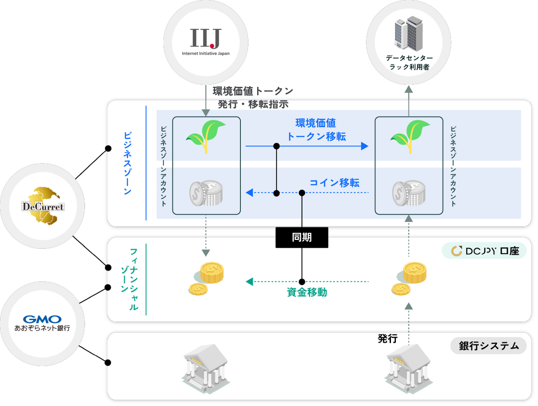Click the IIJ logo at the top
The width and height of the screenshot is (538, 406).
click(206, 42)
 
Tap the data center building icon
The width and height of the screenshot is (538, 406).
click(408, 33)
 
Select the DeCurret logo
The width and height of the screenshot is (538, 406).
click(43, 206)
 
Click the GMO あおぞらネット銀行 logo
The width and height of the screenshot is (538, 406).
click(42, 323)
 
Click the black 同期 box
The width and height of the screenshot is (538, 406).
click(302, 237)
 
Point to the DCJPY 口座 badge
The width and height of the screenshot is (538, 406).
click(484, 251)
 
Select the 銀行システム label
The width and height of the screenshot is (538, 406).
click(489, 346)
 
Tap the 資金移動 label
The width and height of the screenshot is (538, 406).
click(307, 292)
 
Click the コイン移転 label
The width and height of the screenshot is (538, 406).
click(334, 183)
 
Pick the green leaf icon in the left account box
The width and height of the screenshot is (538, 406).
click(206, 137)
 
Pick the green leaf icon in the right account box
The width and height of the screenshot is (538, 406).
click(410, 137)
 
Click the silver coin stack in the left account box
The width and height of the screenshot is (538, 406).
click(206, 193)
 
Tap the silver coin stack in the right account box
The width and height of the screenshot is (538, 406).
click(409, 193)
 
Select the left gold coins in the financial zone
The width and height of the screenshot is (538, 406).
click(206, 278)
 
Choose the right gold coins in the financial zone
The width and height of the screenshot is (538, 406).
click(409, 278)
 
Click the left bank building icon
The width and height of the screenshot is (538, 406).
click(206, 368)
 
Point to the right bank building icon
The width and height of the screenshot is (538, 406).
click(408, 368)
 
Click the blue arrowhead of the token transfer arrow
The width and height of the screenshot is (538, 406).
click(364, 146)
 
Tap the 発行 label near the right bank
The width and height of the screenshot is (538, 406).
click(387, 339)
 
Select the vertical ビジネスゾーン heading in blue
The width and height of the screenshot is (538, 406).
click(128, 163)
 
